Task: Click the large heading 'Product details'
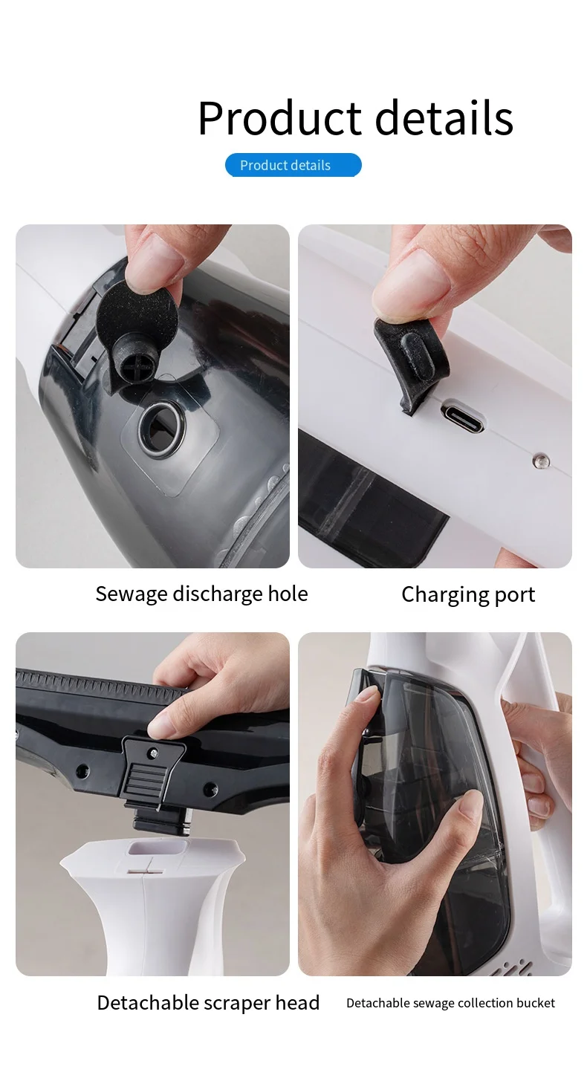coord(355,117)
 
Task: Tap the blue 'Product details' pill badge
coord(293,165)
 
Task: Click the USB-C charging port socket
coord(463,416)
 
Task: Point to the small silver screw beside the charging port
coord(537,461)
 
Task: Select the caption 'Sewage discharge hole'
coord(201,594)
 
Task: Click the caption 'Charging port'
coord(468,594)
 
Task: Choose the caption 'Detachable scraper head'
coord(208,1002)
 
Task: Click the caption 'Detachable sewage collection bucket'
coord(450,1003)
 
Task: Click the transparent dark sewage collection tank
coord(438,773)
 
